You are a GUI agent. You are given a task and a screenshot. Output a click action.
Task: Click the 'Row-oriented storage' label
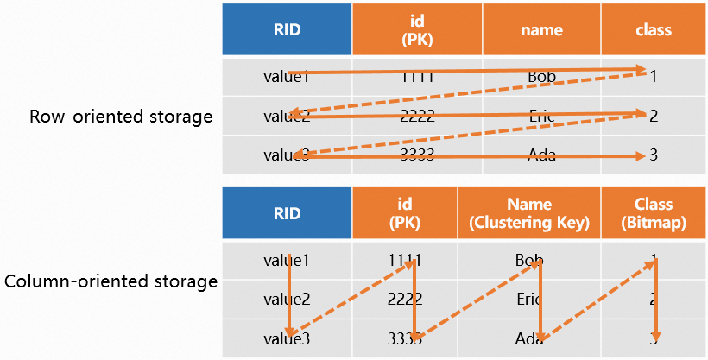(x=121, y=117)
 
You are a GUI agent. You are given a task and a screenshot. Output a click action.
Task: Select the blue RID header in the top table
(x=287, y=29)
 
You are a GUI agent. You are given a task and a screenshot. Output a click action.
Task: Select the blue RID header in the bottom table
(x=287, y=214)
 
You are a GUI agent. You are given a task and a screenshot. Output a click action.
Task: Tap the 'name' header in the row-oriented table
(x=541, y=29)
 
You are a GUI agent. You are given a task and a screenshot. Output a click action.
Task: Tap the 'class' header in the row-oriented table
(x=653, y=29)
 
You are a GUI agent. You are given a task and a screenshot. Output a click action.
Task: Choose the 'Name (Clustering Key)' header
(x=529, y=214)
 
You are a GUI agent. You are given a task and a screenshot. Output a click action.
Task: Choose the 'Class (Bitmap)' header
(x=653, y=214)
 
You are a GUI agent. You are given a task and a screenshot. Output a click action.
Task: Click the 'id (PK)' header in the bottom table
(x=405, y=214)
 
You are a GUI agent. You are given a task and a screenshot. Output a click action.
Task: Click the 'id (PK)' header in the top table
(x=417, y=29)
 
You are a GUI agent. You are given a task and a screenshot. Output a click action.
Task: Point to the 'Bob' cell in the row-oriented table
(x=541, y=77)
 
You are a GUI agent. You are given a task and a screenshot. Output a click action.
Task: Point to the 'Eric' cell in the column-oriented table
(x=529, y=299)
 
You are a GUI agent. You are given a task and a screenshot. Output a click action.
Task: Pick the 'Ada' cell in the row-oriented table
(x=541, y=156)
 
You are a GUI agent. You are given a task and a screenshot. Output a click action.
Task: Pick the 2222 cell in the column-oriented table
(x=405, y=299)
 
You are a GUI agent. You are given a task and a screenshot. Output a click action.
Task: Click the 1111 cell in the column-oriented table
(x=405, y=259)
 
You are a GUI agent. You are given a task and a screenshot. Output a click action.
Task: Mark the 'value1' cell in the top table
(x=287, y=77)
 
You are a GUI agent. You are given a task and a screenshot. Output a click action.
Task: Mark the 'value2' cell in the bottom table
(x=287, y=299)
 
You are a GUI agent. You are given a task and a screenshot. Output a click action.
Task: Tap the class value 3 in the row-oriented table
(x=654, y=156)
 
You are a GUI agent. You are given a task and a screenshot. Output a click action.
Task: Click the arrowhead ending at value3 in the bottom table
(x=290, y=332)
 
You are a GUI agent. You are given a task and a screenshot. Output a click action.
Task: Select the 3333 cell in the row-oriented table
(x=417, y=156)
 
